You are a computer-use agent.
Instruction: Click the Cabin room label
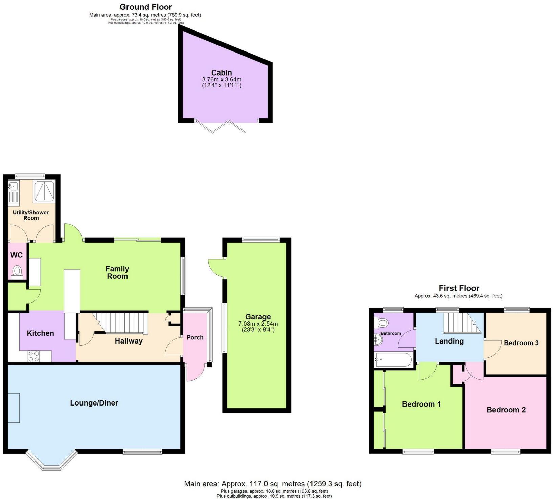[222, 72]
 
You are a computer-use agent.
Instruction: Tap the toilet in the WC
[17, 271]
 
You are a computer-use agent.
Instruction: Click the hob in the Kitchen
[34, 356]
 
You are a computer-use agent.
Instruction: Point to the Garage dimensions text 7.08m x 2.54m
[258, 324]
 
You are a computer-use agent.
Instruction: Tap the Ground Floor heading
[145, 7]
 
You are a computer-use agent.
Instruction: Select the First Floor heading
[459, 288]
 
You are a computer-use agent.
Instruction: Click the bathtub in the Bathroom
[393, 359]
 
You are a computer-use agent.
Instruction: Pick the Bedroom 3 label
[521, 343]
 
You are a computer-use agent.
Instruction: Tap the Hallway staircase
[122, 323]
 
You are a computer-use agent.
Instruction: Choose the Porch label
[195, 337]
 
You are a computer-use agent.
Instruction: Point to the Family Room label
[117, 272]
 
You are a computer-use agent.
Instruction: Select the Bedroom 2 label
[506, 410]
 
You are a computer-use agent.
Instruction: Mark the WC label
[16, 255]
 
